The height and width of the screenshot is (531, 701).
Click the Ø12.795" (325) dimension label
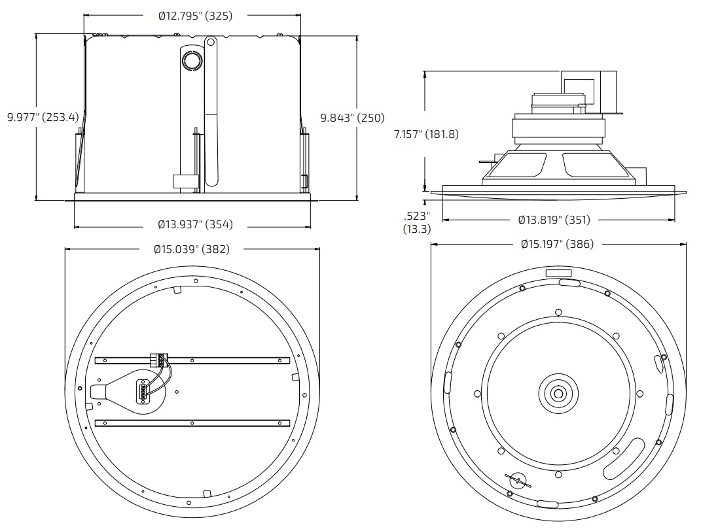pos(195,16)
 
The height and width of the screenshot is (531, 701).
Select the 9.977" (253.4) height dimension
pos(43,118)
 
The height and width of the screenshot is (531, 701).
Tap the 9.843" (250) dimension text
pos(352,118)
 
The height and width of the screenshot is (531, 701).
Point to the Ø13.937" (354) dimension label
pos(195,225)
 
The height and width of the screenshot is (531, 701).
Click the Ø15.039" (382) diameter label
pos(192,249)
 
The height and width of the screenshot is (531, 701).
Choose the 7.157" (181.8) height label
pos(426,134)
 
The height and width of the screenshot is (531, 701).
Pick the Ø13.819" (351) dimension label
pos(554,220)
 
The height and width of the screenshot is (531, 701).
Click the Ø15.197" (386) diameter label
pos(557,244)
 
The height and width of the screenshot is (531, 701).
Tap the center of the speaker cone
pos(558,393)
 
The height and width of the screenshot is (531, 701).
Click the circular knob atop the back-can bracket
pos(192,60)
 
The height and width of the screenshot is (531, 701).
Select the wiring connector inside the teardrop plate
pos(142,392)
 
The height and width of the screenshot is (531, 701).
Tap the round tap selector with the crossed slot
pos(517,482)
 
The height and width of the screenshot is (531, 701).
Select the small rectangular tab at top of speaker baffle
pos(558,273)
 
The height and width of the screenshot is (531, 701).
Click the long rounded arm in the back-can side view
pos(211,111)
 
